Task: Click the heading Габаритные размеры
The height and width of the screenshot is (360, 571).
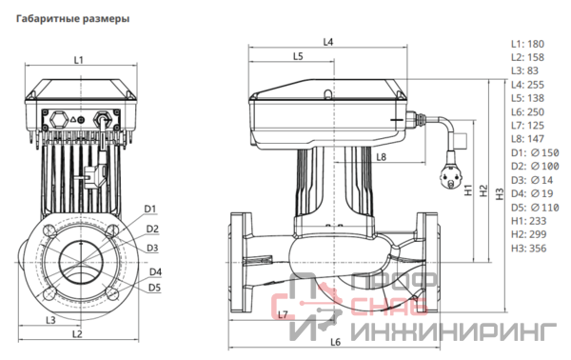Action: click(x=73, y=19)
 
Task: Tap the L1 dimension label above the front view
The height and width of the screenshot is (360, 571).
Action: click(x=79, y=60)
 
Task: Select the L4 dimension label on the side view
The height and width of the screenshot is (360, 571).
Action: click(x=328, y=42)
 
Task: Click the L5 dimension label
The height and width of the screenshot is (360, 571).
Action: click(x=298, y=56)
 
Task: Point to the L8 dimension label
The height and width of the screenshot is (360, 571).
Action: click(x=381, y=157)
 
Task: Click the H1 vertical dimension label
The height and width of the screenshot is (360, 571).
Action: click(x=468, y=190)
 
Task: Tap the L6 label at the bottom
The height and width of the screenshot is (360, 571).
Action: click(x=335, y=342)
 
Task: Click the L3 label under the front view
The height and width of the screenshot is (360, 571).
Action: click(x=50, y=320)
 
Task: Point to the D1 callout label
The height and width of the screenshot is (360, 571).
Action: click(x=150, y=209)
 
